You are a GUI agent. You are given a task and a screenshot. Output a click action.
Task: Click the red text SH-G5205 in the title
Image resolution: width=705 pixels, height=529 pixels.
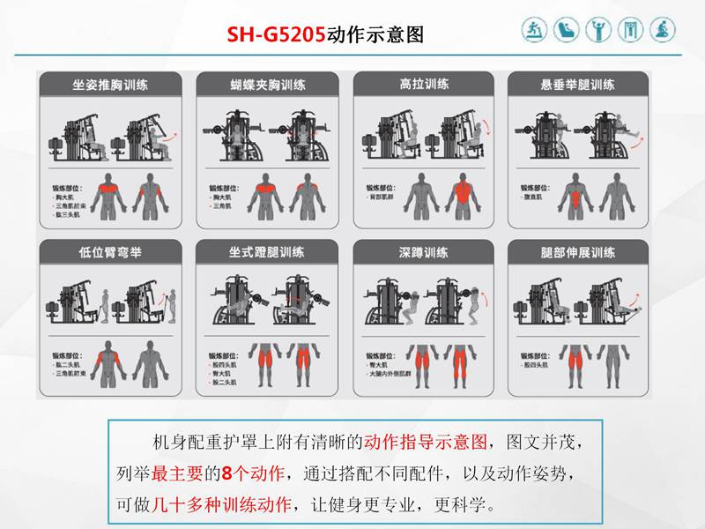point(276,35)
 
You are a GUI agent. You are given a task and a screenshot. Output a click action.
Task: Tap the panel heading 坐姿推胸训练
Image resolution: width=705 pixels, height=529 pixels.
point(110,86)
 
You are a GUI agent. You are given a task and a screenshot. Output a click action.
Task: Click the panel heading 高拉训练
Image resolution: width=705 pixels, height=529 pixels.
point(423,84)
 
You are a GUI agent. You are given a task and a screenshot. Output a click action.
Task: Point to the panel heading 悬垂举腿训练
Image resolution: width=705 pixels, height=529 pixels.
point(577,86)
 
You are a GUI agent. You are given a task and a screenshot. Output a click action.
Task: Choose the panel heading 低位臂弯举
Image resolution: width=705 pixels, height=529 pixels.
point(110,252)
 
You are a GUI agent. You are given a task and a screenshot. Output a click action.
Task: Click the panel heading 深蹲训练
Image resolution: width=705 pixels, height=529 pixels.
point(423,252)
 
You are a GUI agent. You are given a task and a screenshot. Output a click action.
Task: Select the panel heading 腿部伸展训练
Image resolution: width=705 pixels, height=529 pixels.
point(577,252)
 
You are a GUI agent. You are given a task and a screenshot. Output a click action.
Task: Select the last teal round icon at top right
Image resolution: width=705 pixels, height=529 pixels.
point(663,30)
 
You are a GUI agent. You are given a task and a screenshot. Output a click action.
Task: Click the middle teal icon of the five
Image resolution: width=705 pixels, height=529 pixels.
point(598,30)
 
